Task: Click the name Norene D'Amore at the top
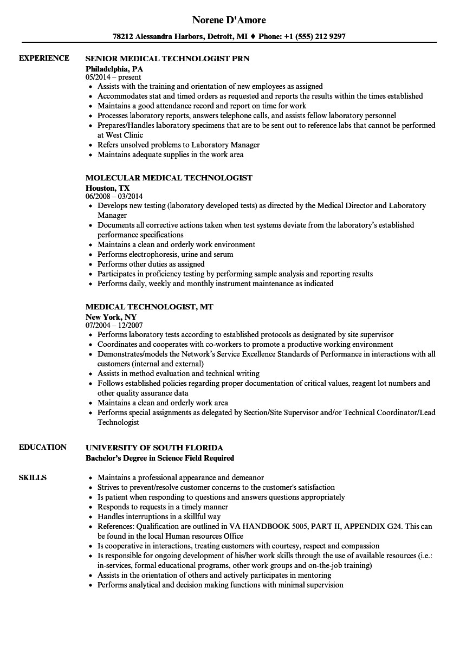[x=229, y=20]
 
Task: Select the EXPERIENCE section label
[x=44, y=58]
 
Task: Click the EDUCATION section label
[x=43, y=447]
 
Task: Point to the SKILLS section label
[x=33, y=477]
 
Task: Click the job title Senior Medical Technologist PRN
[x=167, y=59]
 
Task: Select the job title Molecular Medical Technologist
[x=169, y=178]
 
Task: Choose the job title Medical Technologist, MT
[x=150, y=307]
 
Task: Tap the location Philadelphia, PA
[x=114, y=69]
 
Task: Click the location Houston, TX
[x=107, y=188]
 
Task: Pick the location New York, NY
[x=111, y=317]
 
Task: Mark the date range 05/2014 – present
[x=113, y=77]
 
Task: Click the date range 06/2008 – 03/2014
[x=114, y=197]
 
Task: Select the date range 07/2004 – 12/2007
[x=114, y=326]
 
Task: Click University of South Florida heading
[x=154, y=448]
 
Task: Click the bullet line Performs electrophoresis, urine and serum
[x=165, y=254]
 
